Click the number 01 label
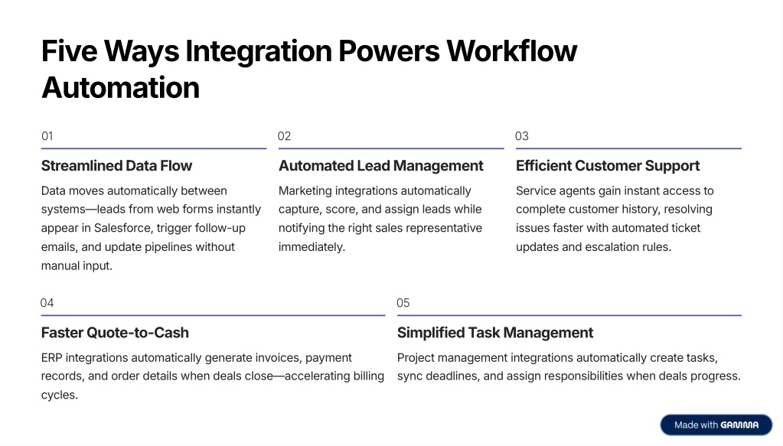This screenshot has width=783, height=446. [x=47, y=136]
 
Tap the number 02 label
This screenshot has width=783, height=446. [x=285, y=136]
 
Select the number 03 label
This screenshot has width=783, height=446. [x=522, y=136]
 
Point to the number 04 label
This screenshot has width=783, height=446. [x=47, y=303]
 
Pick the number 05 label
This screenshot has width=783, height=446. [x=403, y=303]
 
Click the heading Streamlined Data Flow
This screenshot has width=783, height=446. [x=116, y=166]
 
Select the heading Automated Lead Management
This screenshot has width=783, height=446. [x=381, y=166]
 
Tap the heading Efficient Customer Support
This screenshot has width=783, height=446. [x=608, y=166]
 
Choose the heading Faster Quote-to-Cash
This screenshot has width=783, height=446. [x=115, y=333]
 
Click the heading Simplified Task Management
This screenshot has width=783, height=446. [x=495, y=333]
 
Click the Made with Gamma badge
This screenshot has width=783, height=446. [x=716, y=425]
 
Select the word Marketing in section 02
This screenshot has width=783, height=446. [x=305, y=190]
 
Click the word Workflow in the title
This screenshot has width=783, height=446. [x=511, y=51]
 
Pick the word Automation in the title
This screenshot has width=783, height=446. [x=120, y=87]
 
